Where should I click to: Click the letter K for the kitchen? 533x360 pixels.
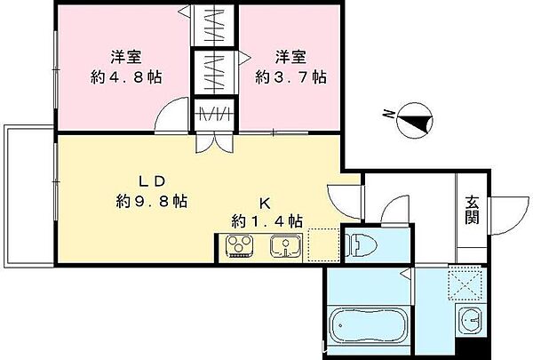point(265,201)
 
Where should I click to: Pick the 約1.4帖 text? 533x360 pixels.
point(266,220)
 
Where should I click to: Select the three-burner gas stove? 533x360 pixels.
point(240,246)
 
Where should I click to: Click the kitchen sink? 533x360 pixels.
point(283,246)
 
